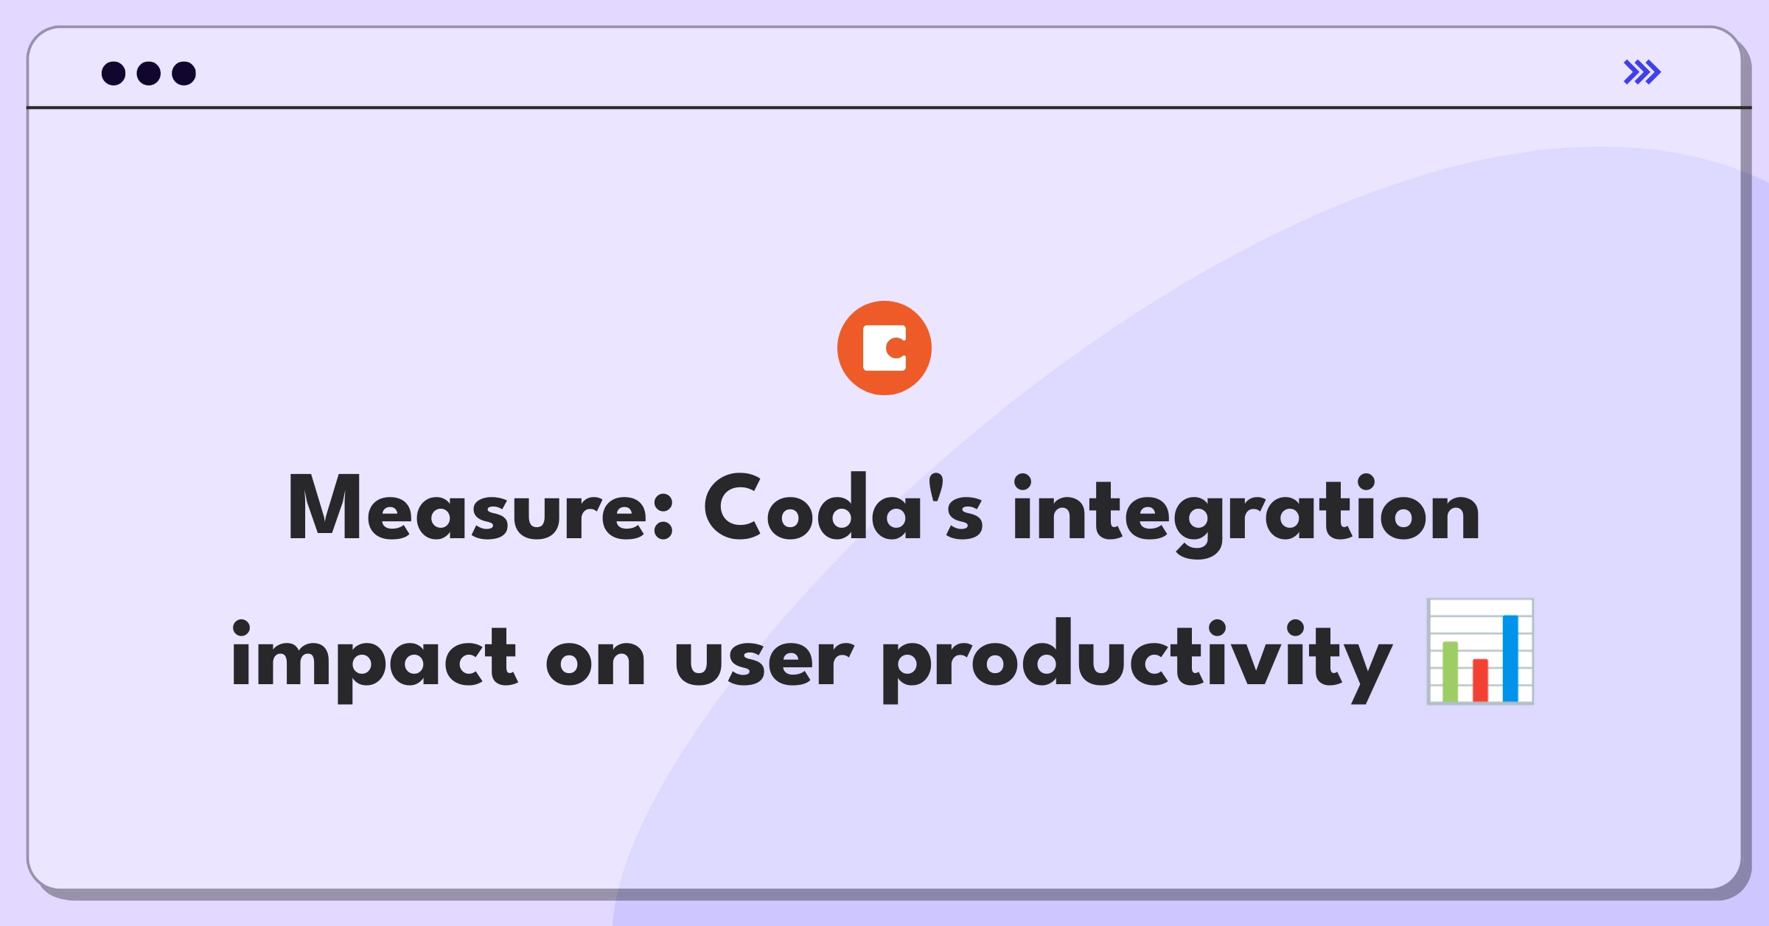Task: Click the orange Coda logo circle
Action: click(884, 348)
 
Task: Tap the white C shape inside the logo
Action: click(884, 348)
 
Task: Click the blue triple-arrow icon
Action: click(1642, 72)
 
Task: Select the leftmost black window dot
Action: click(114, 73)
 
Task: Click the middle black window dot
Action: click(149, 73)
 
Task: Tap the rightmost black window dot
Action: click(184, 73)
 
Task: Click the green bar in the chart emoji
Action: click(1450, 671)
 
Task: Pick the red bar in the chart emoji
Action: click(1480, 680)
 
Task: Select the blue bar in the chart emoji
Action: click(1510, 658)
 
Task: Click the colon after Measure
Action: click(663, 517)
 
